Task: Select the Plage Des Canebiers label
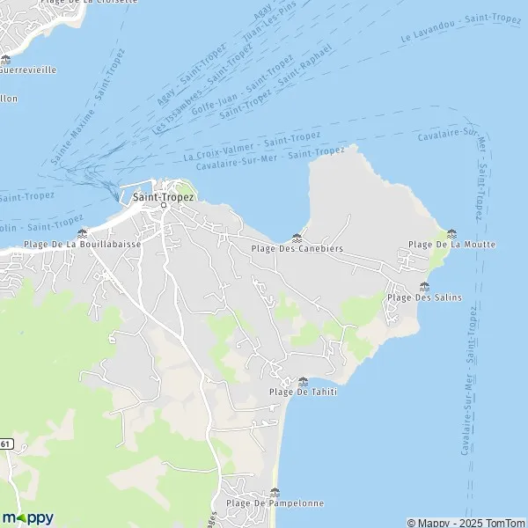297,249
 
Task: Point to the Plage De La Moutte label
452,244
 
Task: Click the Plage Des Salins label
425,297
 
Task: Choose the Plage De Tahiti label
303,392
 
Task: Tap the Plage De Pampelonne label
275,503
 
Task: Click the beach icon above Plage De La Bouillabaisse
82,233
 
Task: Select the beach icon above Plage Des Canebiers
297,238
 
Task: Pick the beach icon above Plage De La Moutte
452,233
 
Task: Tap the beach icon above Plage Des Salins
425,286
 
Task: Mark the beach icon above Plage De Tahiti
304,381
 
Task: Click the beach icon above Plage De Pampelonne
275,492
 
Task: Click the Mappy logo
27,517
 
